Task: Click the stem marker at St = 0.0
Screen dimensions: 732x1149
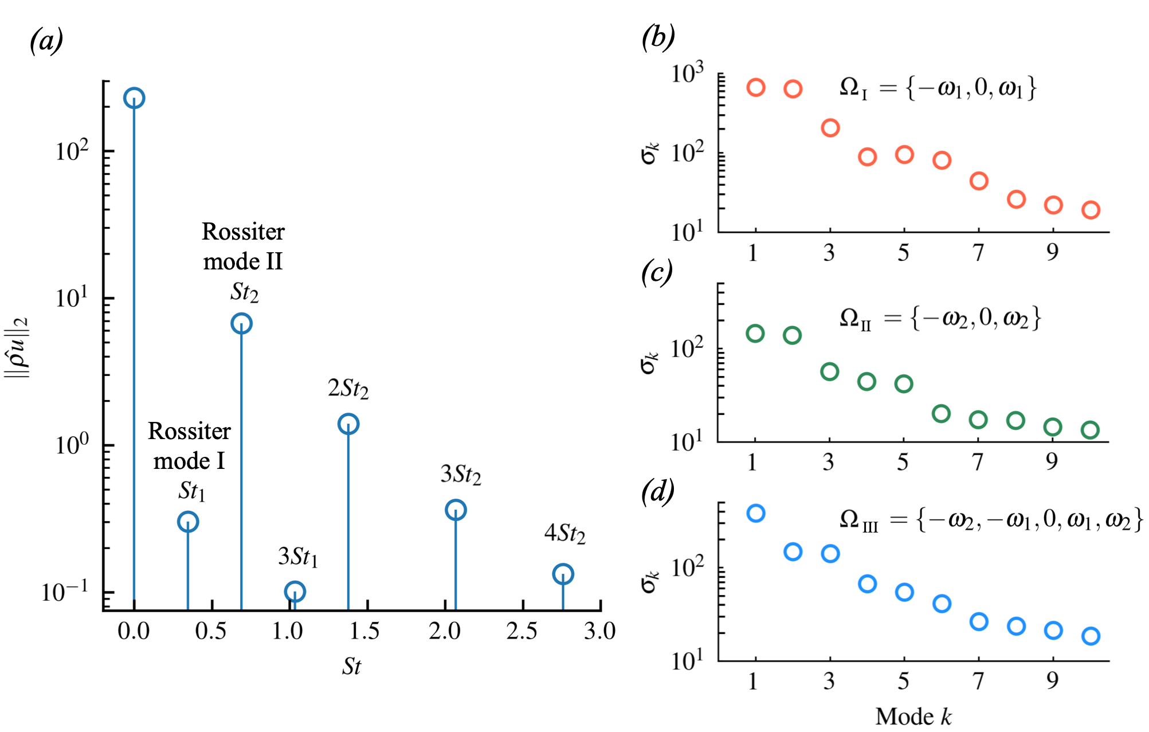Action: coord(134,98)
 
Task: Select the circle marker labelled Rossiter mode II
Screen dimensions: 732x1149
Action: coord(241,323)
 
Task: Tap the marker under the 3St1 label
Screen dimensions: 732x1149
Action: coord(295,591)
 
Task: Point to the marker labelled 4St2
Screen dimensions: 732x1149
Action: coord(563,574)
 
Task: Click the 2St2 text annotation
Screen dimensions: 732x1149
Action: coord(348,389)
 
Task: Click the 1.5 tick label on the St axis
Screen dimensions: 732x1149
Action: coord(364,631)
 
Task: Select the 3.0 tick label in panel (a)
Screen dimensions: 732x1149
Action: coord(599,631)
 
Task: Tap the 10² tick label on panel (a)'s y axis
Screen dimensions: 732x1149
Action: coord(72,151)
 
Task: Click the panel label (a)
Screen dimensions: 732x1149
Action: coord(46,41)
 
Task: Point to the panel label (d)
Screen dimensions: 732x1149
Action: coord(657,492)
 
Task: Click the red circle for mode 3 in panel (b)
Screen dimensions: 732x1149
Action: coord(830,128)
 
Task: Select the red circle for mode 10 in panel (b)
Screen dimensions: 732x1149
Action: coord(1091,210)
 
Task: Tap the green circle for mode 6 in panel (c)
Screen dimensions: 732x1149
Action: coord(941,413)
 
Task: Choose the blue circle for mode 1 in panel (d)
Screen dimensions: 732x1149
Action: coord(756,513)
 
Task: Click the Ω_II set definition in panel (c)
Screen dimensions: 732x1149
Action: coord(940,319)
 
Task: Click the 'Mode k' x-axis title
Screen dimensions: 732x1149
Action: coord(913,717)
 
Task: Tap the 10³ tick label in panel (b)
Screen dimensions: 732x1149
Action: coord(687,74)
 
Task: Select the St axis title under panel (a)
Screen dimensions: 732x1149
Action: coord(351,666)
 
